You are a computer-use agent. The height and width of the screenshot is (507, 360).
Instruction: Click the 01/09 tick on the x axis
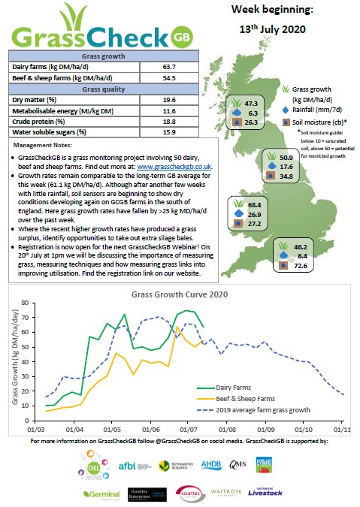(266, 429)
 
